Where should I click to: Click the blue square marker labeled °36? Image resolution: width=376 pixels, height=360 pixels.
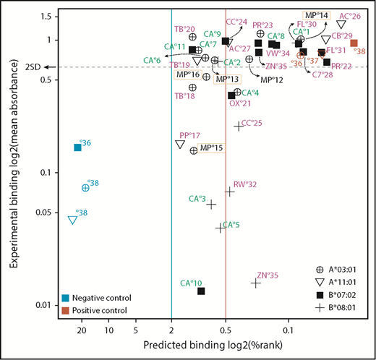78,147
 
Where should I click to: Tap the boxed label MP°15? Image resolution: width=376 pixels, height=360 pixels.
212,148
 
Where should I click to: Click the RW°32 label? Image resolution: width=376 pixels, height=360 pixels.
244,185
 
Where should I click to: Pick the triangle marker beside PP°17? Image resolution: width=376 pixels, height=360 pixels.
179,145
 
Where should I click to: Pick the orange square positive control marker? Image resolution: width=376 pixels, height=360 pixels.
354,43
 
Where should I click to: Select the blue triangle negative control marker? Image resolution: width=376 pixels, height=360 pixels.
72,220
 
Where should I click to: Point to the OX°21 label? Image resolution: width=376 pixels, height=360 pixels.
239,104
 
